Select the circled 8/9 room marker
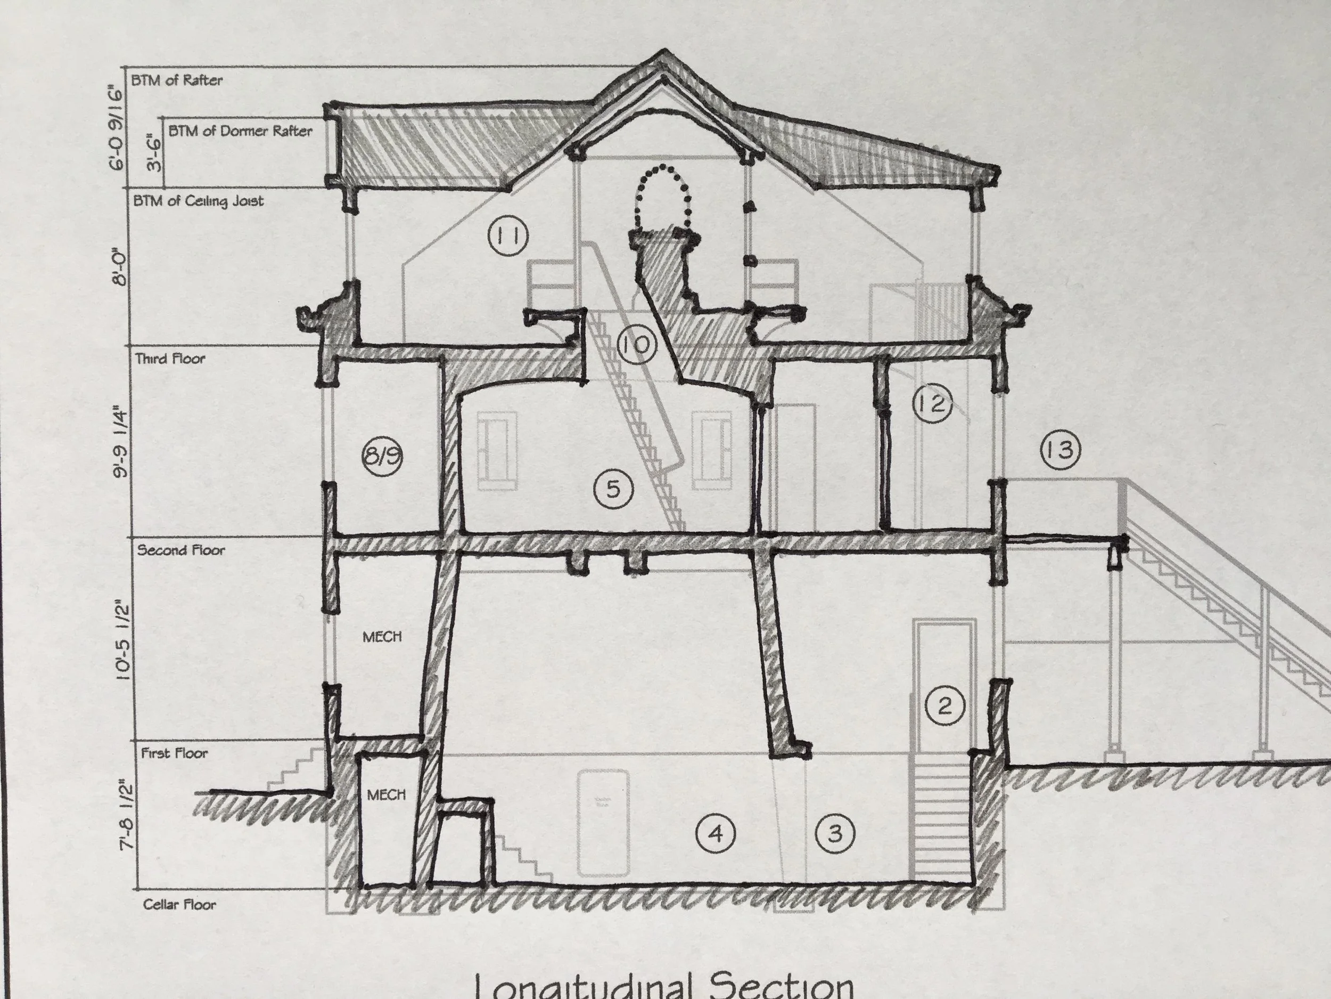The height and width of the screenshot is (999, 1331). point(382,456)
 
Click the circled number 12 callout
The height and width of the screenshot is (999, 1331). point(932,404)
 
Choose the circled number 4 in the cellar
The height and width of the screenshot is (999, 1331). point(716,834)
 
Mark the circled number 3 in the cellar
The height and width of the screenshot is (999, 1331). point(835,834)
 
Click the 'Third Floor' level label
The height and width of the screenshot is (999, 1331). point(170,360)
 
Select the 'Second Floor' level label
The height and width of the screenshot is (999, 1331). point(181,550)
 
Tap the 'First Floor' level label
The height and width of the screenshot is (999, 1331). point(175,753)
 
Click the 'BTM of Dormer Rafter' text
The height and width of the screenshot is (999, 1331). point(240,131)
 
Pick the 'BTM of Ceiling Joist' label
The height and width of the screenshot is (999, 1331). point(199,201)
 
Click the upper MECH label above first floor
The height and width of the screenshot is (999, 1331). point(382,637)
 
